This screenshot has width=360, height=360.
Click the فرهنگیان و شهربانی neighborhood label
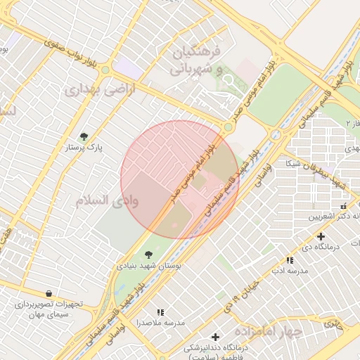196,61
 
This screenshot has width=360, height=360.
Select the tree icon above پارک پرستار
84,136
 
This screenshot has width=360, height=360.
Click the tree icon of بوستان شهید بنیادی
148,255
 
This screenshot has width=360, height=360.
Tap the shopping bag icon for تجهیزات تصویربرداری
48,293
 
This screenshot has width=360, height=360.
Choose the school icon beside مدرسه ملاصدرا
161,311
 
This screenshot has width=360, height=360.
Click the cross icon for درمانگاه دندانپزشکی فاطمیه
215,337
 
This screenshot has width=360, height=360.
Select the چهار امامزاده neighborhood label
268,330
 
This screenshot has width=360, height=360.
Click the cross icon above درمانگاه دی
321,236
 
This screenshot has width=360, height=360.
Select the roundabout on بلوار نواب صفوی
105,70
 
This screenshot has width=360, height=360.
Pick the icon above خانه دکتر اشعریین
343,206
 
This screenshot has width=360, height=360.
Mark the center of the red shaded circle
180,180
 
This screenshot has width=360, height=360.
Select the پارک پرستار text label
84,148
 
